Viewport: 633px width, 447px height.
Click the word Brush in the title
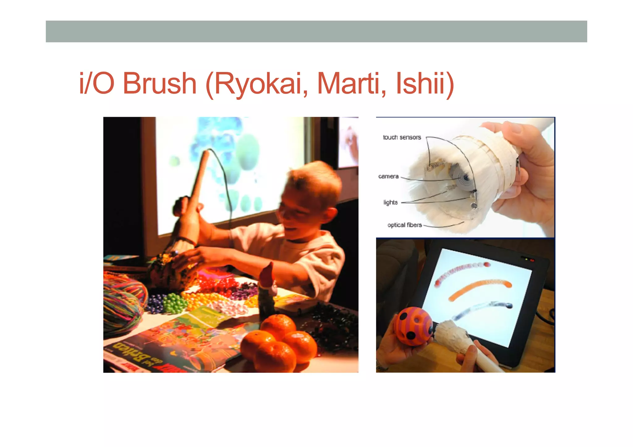tap(159, 83)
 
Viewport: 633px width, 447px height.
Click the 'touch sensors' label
tap(402, 137)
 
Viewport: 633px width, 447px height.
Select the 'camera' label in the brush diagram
tap(388, 176)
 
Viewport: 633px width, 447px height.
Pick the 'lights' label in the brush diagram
tap(390, 202)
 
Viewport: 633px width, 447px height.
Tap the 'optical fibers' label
tap(404, 225)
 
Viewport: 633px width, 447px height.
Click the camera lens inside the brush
tap(465, 178)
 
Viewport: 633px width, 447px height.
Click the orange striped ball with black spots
tap(413, 326)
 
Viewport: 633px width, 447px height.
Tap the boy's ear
tap(330, 216)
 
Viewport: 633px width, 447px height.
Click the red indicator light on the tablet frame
tap(532, 260)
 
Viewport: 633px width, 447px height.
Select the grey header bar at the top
tap(316, 32)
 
